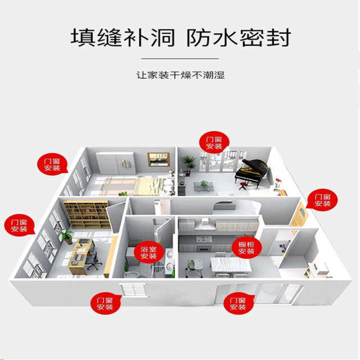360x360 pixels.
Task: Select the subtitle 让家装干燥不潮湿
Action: [x=180, y=74]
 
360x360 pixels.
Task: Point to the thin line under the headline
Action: [x=180, y=58]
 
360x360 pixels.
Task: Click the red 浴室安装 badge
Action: [x=148, y=251]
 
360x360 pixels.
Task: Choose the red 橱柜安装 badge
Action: [x=246, y=247]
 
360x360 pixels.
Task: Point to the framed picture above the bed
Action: [x=159, y=159]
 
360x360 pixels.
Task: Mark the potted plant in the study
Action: [x=66, y=236]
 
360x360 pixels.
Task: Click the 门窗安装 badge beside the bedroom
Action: [x=52, y=164]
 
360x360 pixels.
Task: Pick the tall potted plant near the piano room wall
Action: [x=190, y=163]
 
